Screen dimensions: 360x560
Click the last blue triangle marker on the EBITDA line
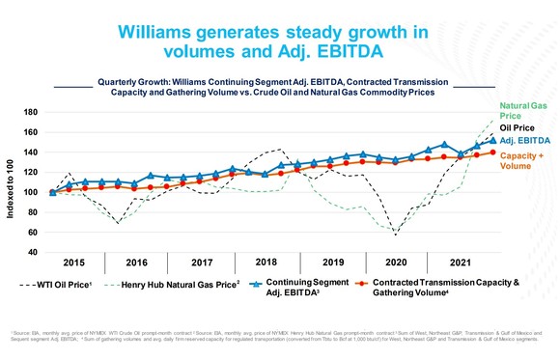click(x=492, y=140)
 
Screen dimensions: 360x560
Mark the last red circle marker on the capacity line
click(x=492, y=152)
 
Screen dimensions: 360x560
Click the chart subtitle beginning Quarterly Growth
click(x=280, y=88)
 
